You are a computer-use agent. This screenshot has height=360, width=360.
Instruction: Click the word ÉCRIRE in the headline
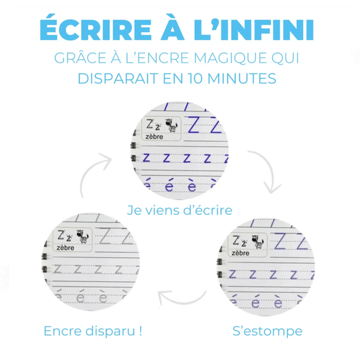(x=96, y=27)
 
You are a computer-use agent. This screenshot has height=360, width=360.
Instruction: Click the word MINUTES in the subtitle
(x=242, y=79)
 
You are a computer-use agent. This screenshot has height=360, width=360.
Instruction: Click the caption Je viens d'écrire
(x=179, y=210)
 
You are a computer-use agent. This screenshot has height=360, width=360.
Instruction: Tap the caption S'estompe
(x=268, y=331)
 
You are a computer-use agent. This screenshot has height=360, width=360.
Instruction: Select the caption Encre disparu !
(x=93, y=331)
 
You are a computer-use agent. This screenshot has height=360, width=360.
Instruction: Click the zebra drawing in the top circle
(x=171, y=126)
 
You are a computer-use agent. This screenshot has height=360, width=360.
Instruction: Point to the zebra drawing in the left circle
(x=82, y=236)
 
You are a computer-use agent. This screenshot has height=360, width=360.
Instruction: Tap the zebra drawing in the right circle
(x=258, y=242)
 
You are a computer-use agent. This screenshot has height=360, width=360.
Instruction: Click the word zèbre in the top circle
(x=154, y=137)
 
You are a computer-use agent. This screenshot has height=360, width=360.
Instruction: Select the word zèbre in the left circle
(x=65, y=248)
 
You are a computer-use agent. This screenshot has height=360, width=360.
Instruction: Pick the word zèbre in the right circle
(x=240, y=253)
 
